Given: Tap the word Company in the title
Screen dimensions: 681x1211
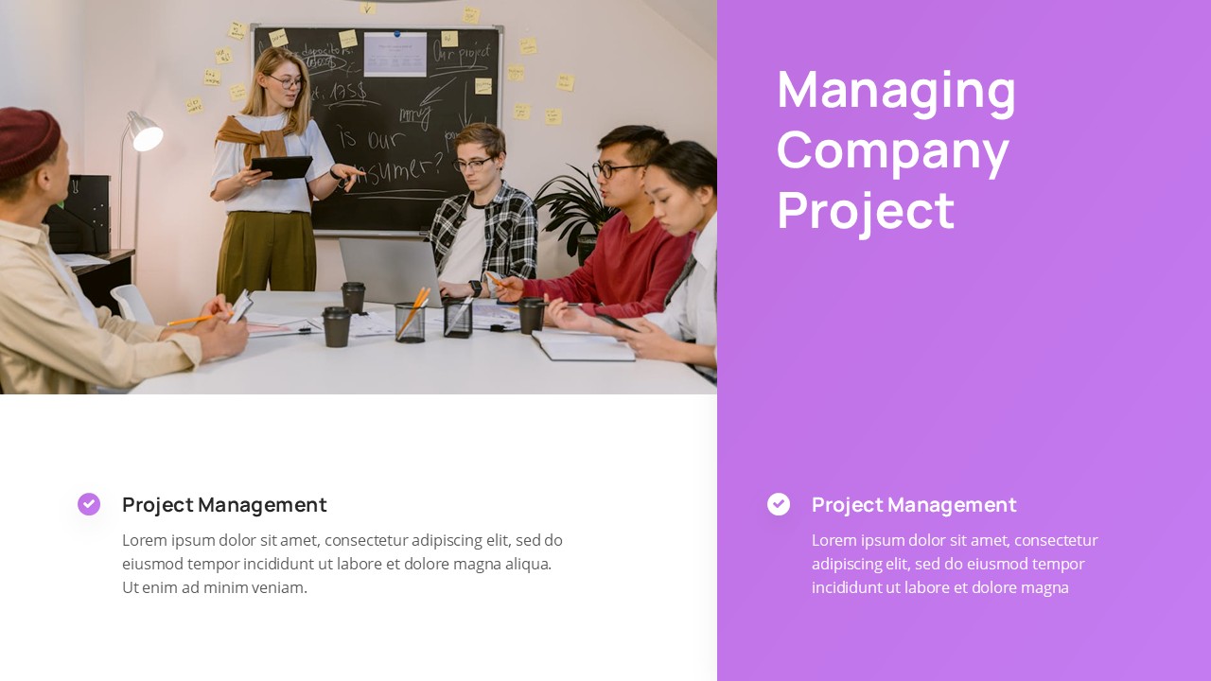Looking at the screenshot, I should coord(892,152).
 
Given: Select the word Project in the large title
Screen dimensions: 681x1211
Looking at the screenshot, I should coord(865,210).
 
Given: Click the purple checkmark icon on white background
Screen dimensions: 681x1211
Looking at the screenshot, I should coord(89,504).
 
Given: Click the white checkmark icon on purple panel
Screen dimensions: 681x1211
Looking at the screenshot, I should coord(779,504).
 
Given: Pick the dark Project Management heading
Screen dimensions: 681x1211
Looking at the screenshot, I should coord(224,505).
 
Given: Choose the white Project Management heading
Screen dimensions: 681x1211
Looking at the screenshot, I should coord(914,505).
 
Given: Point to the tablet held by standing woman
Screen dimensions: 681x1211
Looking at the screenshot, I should coord(281,167).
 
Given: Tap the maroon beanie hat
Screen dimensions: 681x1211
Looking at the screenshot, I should coord(26,140).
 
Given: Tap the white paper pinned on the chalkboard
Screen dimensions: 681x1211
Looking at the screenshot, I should coord(395,54).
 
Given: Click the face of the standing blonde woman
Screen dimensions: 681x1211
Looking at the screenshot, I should coord(286,82).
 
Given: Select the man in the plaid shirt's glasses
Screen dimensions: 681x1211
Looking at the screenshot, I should coord(473,164).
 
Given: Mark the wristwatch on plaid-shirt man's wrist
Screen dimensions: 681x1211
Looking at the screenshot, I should coord(475,288).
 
